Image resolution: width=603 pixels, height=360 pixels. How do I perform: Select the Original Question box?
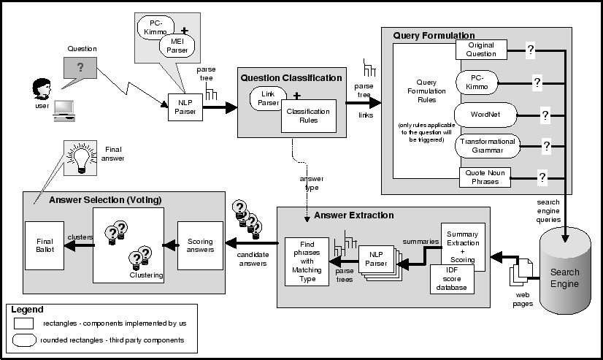coord(481,50)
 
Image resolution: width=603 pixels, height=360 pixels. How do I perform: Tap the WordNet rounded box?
coord(485,114)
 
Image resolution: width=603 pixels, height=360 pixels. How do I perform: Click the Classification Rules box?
coord(308,116)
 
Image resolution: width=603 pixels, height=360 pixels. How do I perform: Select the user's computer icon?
coord(64,107)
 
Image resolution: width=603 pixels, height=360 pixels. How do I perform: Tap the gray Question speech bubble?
coord(80,66)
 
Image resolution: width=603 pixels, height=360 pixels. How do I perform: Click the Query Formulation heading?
coord(434,35)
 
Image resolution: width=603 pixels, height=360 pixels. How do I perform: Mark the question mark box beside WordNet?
coord(544,114)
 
